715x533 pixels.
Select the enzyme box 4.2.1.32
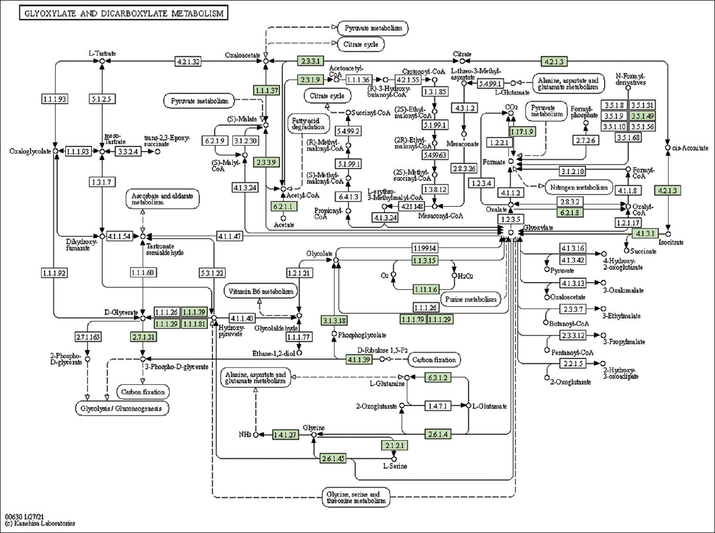(188, 61)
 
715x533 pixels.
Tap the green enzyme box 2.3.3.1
(311, 61)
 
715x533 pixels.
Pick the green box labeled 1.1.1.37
(266, 90)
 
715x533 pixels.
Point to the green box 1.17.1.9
(522, 132)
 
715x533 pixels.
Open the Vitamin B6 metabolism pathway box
(261, 291)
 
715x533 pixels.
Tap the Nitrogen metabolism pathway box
(578, 187)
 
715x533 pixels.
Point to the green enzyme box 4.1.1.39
(359, 360)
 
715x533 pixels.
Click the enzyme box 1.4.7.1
(437, 406)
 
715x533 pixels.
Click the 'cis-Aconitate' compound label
(690, 148)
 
